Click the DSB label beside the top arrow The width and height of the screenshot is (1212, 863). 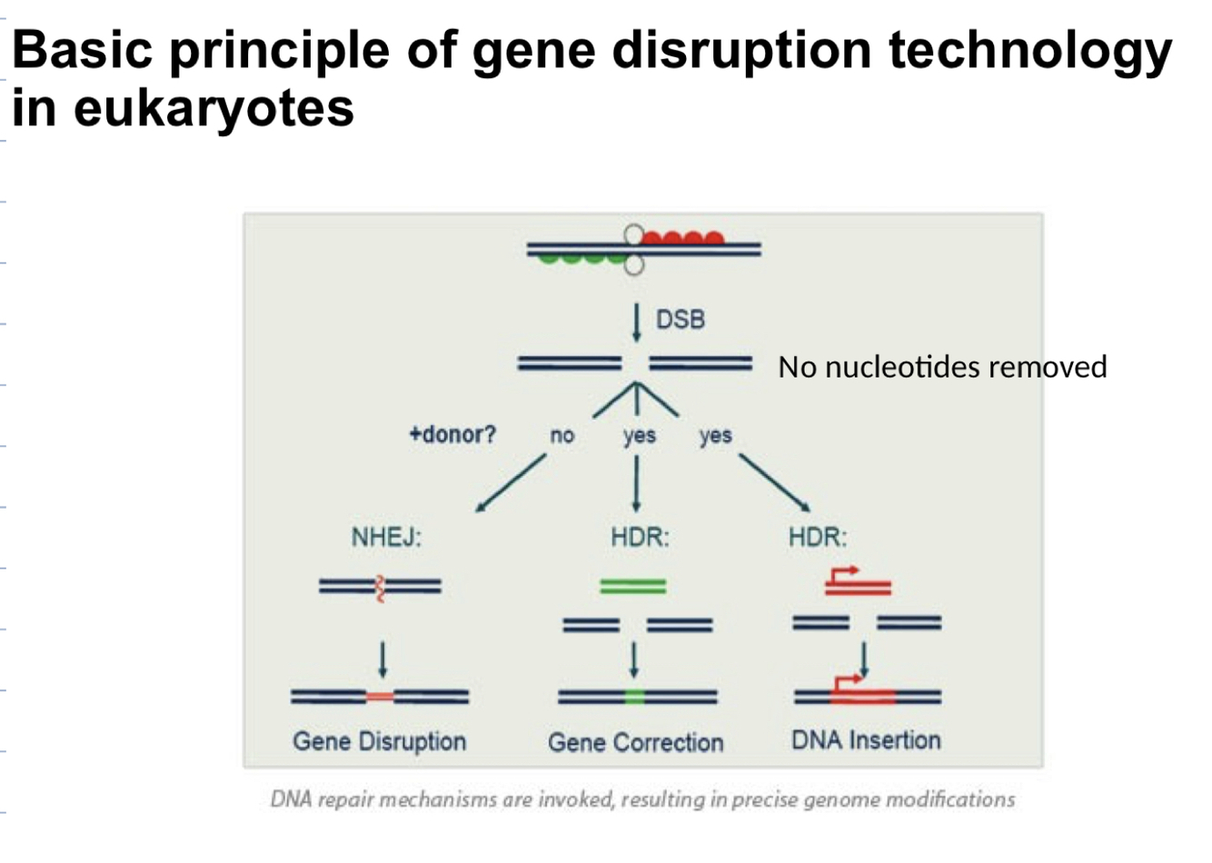click(x=680, y=320)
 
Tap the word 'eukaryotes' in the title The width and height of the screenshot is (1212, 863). click(x=214, y=108)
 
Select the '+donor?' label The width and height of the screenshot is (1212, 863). click(x=452, y=434)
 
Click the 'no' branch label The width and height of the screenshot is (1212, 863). click(x=561, y=436)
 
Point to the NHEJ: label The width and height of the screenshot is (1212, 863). click(x=386, y=537)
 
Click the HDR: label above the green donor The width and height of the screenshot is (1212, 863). click(x=640, y=537)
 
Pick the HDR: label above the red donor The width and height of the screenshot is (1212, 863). click(x=817, y=537)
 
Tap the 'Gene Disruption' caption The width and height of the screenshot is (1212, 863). click(x=379, y=741)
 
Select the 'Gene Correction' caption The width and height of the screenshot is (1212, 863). click(x=635, y=742)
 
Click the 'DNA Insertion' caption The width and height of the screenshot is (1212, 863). click(x=866, y=740)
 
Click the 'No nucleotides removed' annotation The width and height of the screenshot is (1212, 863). click(x=942, y=367)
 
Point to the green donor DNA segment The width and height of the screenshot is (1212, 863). click(x=633, y=587)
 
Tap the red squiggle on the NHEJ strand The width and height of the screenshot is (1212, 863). click(x=381, y=589)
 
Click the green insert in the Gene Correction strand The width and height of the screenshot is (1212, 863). click(x=635, y=697)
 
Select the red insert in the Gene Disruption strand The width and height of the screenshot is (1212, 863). click(x=380, y=697)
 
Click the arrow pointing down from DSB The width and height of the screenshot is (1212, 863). click(x=636, y=322)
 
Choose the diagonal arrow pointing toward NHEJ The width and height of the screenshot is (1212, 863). click(x=511, y=483)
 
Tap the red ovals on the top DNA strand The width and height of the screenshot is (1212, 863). click(x=682, y=239)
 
